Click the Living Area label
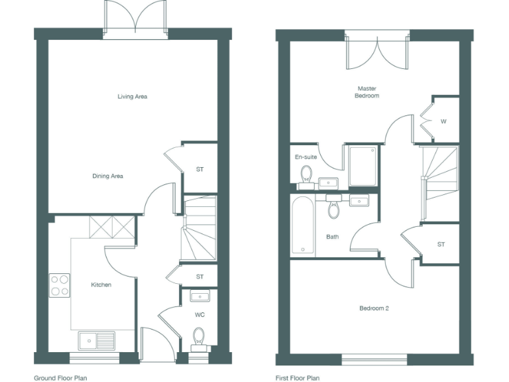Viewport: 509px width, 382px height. (x=132, y=97)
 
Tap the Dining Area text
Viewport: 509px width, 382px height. (x=107, y=176)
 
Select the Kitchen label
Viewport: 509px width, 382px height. (x=101, y=285)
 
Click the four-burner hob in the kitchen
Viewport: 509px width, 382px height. (x=59, y=285)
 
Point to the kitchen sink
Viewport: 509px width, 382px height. (x=95, y=340)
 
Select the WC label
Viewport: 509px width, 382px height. (x=199, y=314)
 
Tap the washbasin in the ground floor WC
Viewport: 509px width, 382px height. (x=199, y=295)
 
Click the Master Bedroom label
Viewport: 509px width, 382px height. (x=368, y=92)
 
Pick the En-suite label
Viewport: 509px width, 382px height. (x=306, y=157)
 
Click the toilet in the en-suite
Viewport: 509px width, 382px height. (x=306, y=174)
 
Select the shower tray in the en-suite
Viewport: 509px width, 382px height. (x=363, y=166)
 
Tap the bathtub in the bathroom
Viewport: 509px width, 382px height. (x=304, y=225)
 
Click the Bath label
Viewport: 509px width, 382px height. (x=332, y=236)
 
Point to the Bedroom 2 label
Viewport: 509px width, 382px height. (x=374, y=308)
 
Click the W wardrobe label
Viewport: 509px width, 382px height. (x=443, y=121)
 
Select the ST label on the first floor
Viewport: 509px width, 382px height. (x=441, y=245)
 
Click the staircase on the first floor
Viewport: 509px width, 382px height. (x=439, y=174)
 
